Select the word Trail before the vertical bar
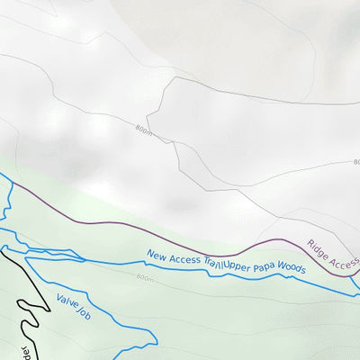coord(211,264)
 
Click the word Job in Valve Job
coord(85,313)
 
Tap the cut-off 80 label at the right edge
coord(355,163)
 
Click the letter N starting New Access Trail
coord(150,253)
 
